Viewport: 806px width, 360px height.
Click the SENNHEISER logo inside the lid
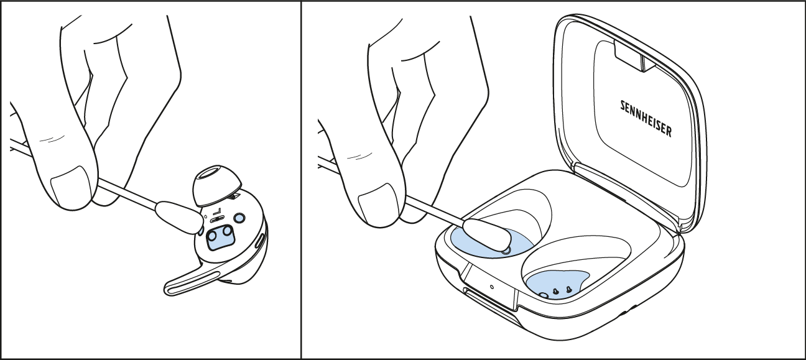pos(646,119)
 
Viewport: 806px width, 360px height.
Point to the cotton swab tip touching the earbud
pos(179,217)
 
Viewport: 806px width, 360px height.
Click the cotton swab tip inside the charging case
pos(487,235)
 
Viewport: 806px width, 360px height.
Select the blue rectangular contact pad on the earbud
pos(221,237)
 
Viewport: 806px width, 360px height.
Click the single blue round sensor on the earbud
pos(239,218)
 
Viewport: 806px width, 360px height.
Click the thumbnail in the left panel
pos(72,186)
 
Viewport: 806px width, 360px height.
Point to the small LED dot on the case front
pos(491,287)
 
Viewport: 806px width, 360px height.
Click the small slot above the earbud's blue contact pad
pos(217,219)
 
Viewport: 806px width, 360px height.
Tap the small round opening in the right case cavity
pos(544,295)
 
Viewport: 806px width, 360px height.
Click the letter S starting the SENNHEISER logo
pos(623,105)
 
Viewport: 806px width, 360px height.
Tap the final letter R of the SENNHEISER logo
pos(669,132)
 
